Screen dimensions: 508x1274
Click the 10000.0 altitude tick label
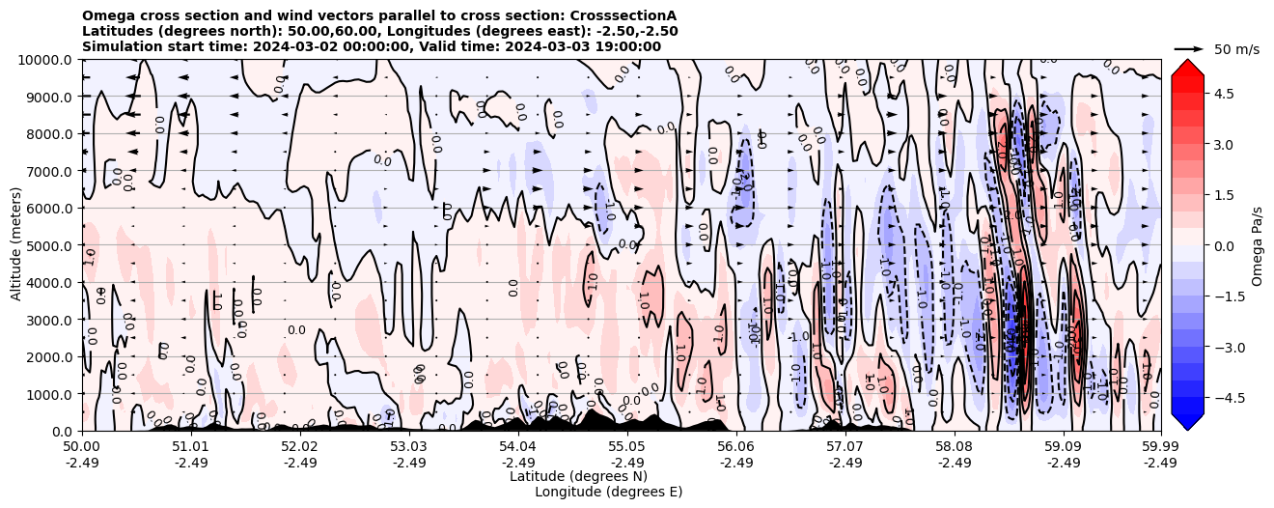click(x=45, y=60)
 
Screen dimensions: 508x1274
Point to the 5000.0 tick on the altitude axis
click(x=48, y=245)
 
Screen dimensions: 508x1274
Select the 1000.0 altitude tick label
click(x=48, y=394)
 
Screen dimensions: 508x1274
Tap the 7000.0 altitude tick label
click(x=48, y=171)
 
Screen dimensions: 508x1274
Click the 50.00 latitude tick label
click(x=82, y=447)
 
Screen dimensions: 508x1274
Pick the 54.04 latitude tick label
click(x=518, y=447)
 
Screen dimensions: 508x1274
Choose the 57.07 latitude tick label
click(x=845, y=447)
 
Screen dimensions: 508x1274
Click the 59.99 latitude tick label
click(x=1160, y=447)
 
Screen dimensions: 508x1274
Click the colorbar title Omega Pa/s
click(x=1257, y=245)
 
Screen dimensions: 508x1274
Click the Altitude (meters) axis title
click(x=16, y=245)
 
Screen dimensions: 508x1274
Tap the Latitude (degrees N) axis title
click(x=578, y=476)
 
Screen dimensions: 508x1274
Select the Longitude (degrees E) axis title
click(x=608, y=492)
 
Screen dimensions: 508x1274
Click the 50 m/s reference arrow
click(x=1188, y=48)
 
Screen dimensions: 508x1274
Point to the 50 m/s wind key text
click(x=1236, y=49)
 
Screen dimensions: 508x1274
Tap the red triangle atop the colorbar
click(x=1187, y=68)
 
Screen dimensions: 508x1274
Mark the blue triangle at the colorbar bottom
click(x=1187, y=421)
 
